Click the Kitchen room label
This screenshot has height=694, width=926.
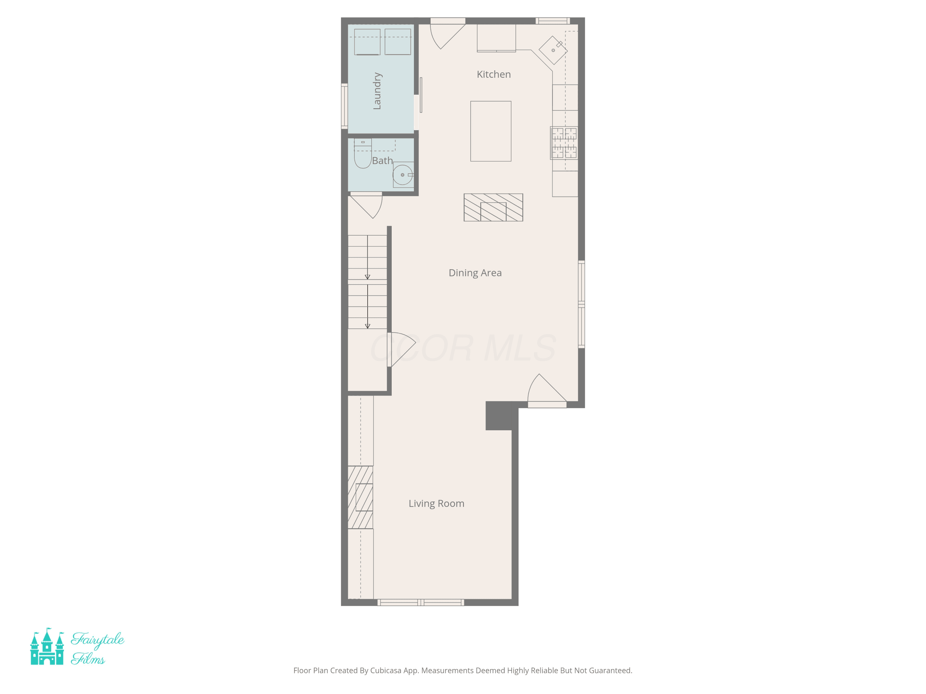point(494,74)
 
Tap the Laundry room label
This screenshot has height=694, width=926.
point(377,91)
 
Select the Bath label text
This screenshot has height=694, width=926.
point(382,161)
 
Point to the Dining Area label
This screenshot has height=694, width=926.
point(475,273)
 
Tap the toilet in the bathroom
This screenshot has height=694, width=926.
point(363,154)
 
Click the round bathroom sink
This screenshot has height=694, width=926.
point(403,175)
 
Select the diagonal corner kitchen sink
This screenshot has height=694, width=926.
point(553,50)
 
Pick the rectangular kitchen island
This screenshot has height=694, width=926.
point(491,131)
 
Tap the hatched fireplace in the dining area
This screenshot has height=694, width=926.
point(493,208)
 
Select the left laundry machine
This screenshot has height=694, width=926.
point(367,42)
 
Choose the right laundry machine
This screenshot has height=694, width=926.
point(398,41)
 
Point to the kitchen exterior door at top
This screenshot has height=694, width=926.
point(448,33)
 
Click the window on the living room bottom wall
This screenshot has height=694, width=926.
point(421,602)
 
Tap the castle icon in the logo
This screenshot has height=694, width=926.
point(47,646)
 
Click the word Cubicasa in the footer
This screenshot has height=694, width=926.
point(386,671)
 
